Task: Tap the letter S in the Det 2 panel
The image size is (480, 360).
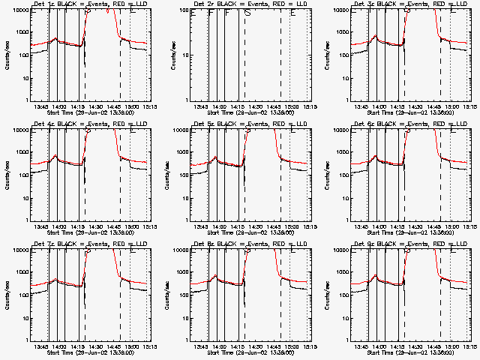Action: coord(247,13)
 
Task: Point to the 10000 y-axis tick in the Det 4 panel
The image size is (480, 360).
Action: coord(20,130)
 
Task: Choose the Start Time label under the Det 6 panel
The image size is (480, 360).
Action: coord(410,232)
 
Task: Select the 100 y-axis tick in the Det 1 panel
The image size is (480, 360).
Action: coord(23,55)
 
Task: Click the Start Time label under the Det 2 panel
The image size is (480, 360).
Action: coord(250,112)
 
